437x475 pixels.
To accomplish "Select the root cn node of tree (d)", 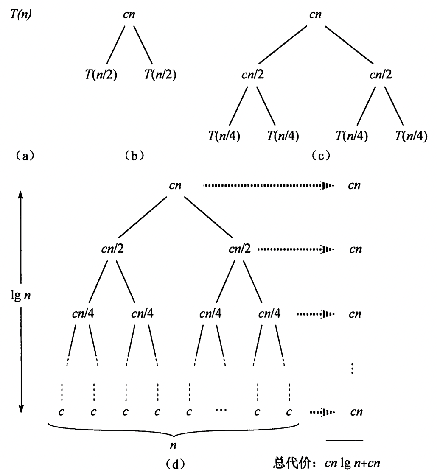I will tap(176, 185).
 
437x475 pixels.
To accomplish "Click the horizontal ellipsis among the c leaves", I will tap(221, 410).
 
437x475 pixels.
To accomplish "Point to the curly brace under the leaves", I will tap(174, 428).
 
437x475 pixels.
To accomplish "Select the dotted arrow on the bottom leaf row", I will tap(322, 412).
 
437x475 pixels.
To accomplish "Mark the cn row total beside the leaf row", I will tap(356, 412).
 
